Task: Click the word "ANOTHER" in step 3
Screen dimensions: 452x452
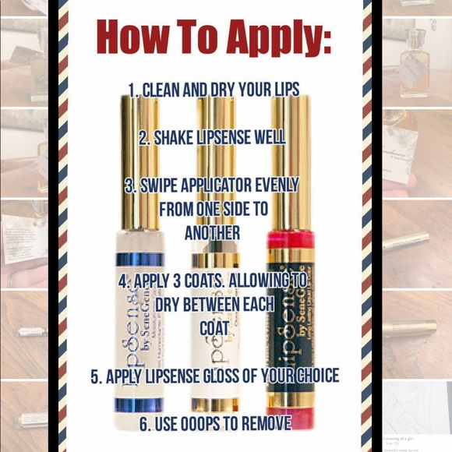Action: pyautogui.click(x=212, y=232)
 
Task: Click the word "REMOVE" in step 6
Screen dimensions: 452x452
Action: pyautogui.click(x=263, y=425)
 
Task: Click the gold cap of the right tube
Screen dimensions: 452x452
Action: pyautogui.click(x=290, y=164)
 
